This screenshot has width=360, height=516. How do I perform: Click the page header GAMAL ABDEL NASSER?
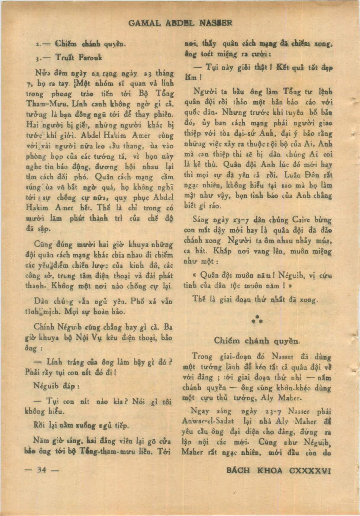(x=180, y=23)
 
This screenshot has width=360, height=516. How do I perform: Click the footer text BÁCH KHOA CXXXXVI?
(x=277, y=470)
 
